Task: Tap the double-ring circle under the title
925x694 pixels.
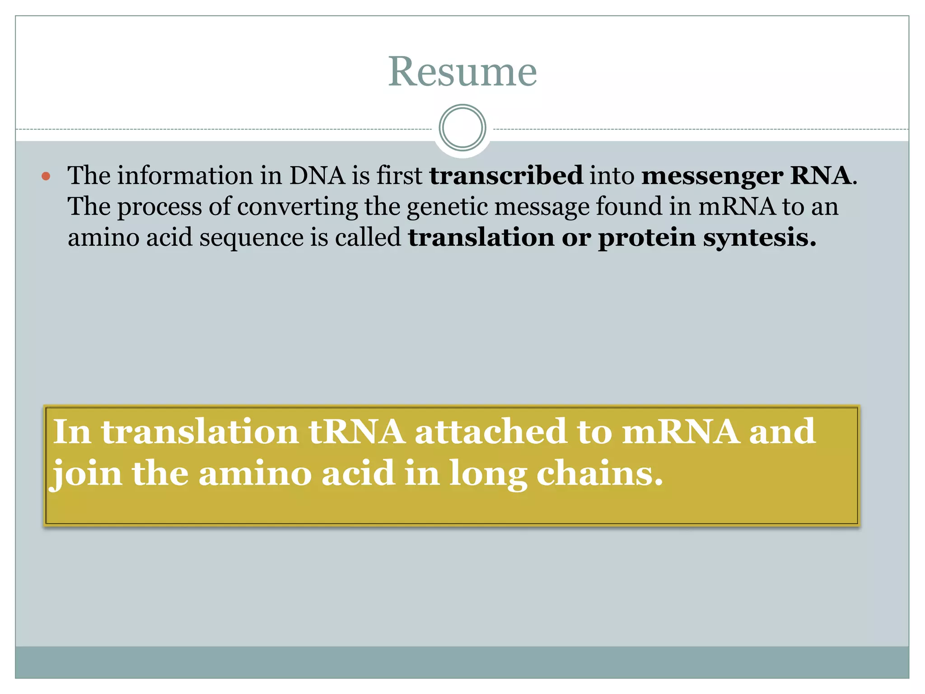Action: click(x=462, y=127)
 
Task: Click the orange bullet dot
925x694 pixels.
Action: click(x=46, y=176)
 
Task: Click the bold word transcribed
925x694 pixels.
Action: click(x=506, y=175)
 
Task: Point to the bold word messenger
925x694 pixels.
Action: click(x=712, y=176)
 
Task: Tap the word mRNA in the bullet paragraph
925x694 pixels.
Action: click(x=737, y=206)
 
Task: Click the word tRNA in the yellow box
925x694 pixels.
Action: click(x=357, y=431)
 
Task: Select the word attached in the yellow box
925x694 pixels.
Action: click(x=491, y=431)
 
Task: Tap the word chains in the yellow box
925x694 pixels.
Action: click(x=600, y=474)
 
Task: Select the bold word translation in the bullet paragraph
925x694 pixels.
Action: click(x=481, y=237)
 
